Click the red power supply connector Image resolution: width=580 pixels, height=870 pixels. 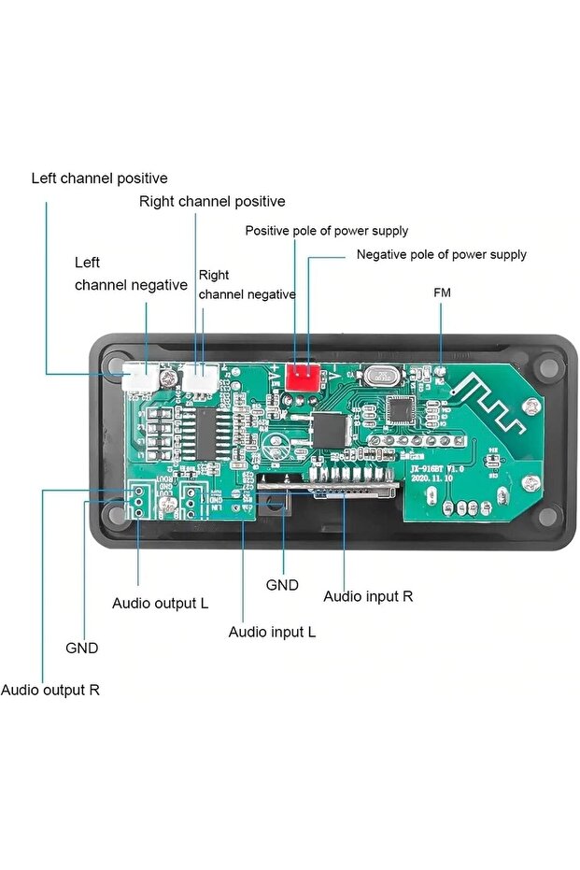[301, 377]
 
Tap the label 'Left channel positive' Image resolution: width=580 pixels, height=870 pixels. [100, 178]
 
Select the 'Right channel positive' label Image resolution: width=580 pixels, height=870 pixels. [212, 201]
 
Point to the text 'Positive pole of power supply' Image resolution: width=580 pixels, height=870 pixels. [326, 231]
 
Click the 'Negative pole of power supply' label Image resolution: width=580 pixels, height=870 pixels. [441, 254]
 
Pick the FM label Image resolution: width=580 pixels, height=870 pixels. [442, 292]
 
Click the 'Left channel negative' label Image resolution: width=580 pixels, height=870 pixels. [131, 274]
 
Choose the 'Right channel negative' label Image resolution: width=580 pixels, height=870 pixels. [247, 285]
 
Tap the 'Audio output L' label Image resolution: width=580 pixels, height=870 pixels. [160, 603]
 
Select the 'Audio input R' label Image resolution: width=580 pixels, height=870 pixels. [367, 596]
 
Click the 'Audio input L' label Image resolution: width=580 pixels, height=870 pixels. [272, 632]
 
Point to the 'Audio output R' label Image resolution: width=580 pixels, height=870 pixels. [50, 691]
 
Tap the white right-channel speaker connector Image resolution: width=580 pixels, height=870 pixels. [201, 378]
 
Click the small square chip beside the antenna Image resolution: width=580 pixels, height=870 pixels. [403, 408]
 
